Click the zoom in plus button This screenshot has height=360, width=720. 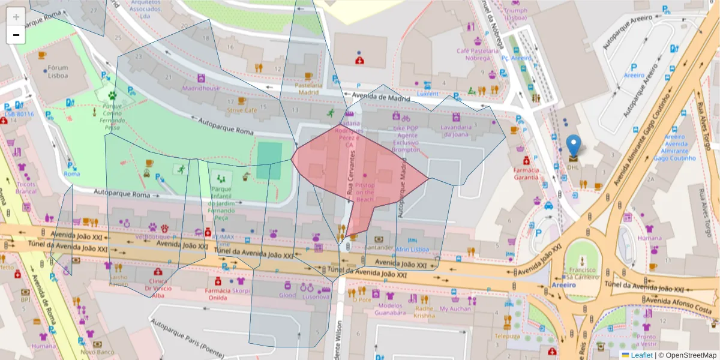click(x=16, y=16)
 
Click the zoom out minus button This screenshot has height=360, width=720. click(x=16, y=35)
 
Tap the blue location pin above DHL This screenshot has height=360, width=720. click(x=574, y=146)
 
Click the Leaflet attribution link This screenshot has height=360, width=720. click(x=642, y=355)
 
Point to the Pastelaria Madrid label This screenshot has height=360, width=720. click(x=307, y=89)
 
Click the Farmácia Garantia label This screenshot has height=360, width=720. click(x=526, y=173)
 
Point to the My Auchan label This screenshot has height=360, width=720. click(x=455, y=308)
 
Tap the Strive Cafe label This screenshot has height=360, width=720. click(x=242, y=110)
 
